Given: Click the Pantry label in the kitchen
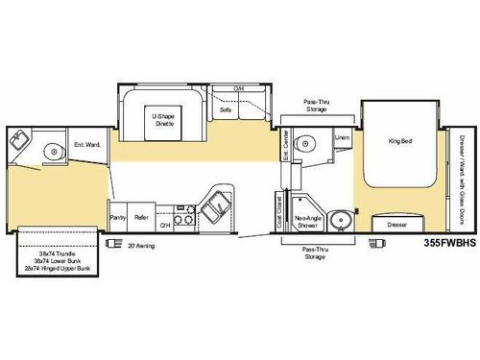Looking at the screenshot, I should point(118,219).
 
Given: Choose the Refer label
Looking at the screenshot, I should point(140,219).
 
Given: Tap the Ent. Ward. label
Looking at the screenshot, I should point(86,146).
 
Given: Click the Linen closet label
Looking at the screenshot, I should point(342,137).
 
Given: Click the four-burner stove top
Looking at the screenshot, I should point(184,218).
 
